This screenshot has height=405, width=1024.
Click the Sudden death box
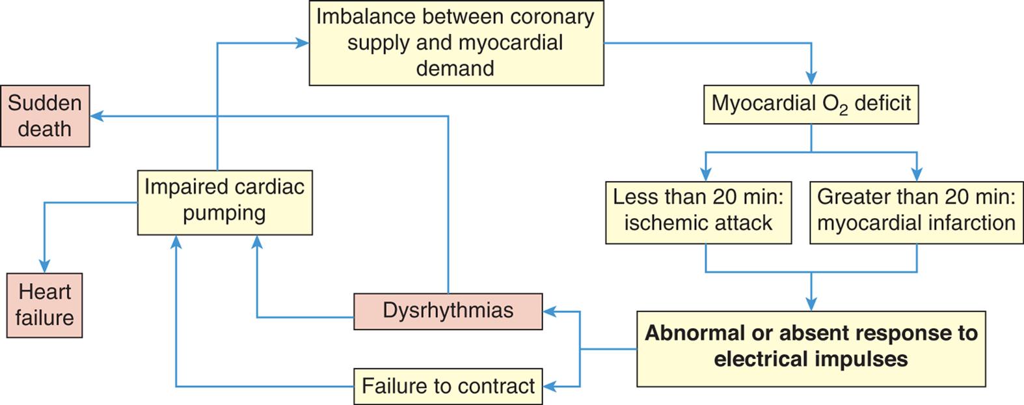coord(45,116)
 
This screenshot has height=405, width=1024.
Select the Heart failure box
coord(45,305)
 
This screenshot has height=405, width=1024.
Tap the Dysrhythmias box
coord(448,311)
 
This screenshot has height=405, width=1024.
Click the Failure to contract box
coord(448,386)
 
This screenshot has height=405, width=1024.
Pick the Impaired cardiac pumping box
coord(224,202)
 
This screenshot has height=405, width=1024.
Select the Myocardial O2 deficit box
coord(811,104)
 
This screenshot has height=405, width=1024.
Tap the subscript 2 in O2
coord(843,111)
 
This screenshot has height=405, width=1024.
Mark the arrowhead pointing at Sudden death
coord(96,117)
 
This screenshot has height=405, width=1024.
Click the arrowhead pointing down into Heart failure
coord(44,266)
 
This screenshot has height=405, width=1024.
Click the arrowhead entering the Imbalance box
coord(303,44)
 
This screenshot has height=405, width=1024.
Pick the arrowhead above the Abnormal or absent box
coord(811,304)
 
